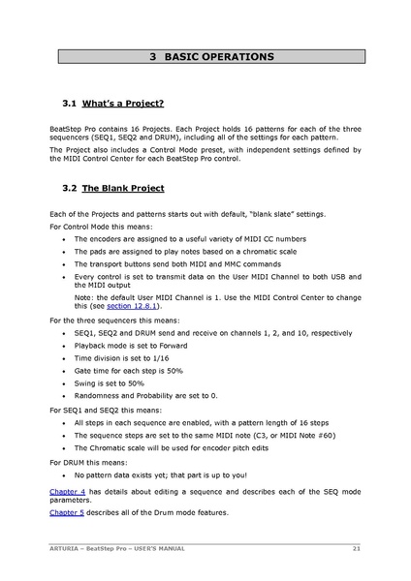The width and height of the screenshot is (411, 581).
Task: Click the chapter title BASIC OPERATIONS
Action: click(218, 58)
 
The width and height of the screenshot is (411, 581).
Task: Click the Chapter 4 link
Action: click(68, 492)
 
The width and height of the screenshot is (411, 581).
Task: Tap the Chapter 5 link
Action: click(68, 512)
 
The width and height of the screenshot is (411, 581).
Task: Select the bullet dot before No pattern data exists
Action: click(64, 475)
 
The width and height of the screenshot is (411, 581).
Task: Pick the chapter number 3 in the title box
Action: click(154, 58)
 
